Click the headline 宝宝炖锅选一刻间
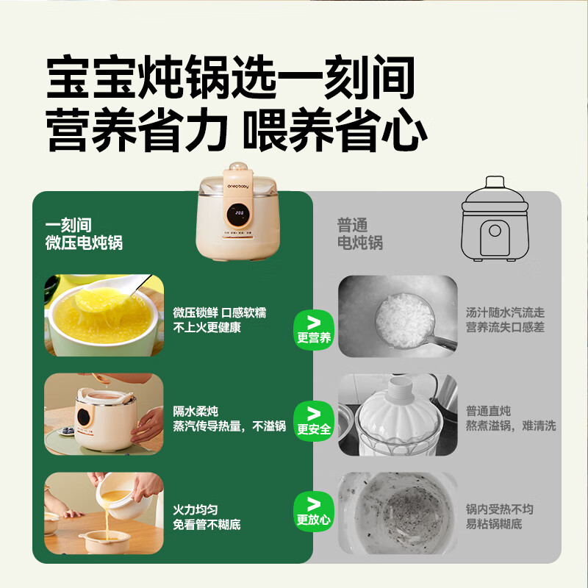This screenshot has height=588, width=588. (x=230, y=79)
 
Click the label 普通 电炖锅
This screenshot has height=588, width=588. (x=360, y=234)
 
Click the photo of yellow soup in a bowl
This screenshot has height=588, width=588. (x=104, y=315)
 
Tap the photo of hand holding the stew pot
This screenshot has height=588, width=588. (x=104, y=412)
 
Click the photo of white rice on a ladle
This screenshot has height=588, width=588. (x=397, y=316)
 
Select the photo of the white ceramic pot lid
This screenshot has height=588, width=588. (x=397, y=414)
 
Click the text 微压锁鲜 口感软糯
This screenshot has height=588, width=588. (x=220, y=313)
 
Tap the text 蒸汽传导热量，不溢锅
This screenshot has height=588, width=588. (x=229, y=426)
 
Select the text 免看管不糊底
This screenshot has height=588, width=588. (x=207, y=525)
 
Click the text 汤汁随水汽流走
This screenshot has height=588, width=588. (x=505, y=313)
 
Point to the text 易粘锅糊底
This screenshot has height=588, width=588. (x=494, y=525)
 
